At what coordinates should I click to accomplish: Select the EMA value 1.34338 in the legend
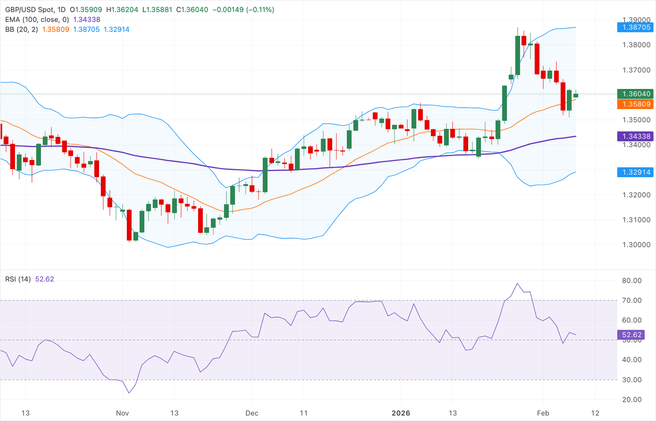click(87, 19)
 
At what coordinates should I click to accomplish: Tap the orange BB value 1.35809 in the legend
click(56, 29)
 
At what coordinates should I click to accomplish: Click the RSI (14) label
click(18, 279)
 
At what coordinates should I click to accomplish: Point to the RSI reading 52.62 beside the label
click(44, 279)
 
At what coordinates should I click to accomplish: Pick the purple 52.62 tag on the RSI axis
click(632, 335)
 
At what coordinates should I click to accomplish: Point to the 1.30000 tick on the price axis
click(636, 245)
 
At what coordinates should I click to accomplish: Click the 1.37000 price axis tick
click(636, 70)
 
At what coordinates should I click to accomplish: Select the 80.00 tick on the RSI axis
click(632, 281)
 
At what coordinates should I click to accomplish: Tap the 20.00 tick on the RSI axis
click(632, 399)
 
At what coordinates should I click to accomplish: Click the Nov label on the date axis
click(123, 413)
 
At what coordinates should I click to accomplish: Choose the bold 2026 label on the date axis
click(401, 413)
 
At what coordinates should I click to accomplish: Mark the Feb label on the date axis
click(543, 413)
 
